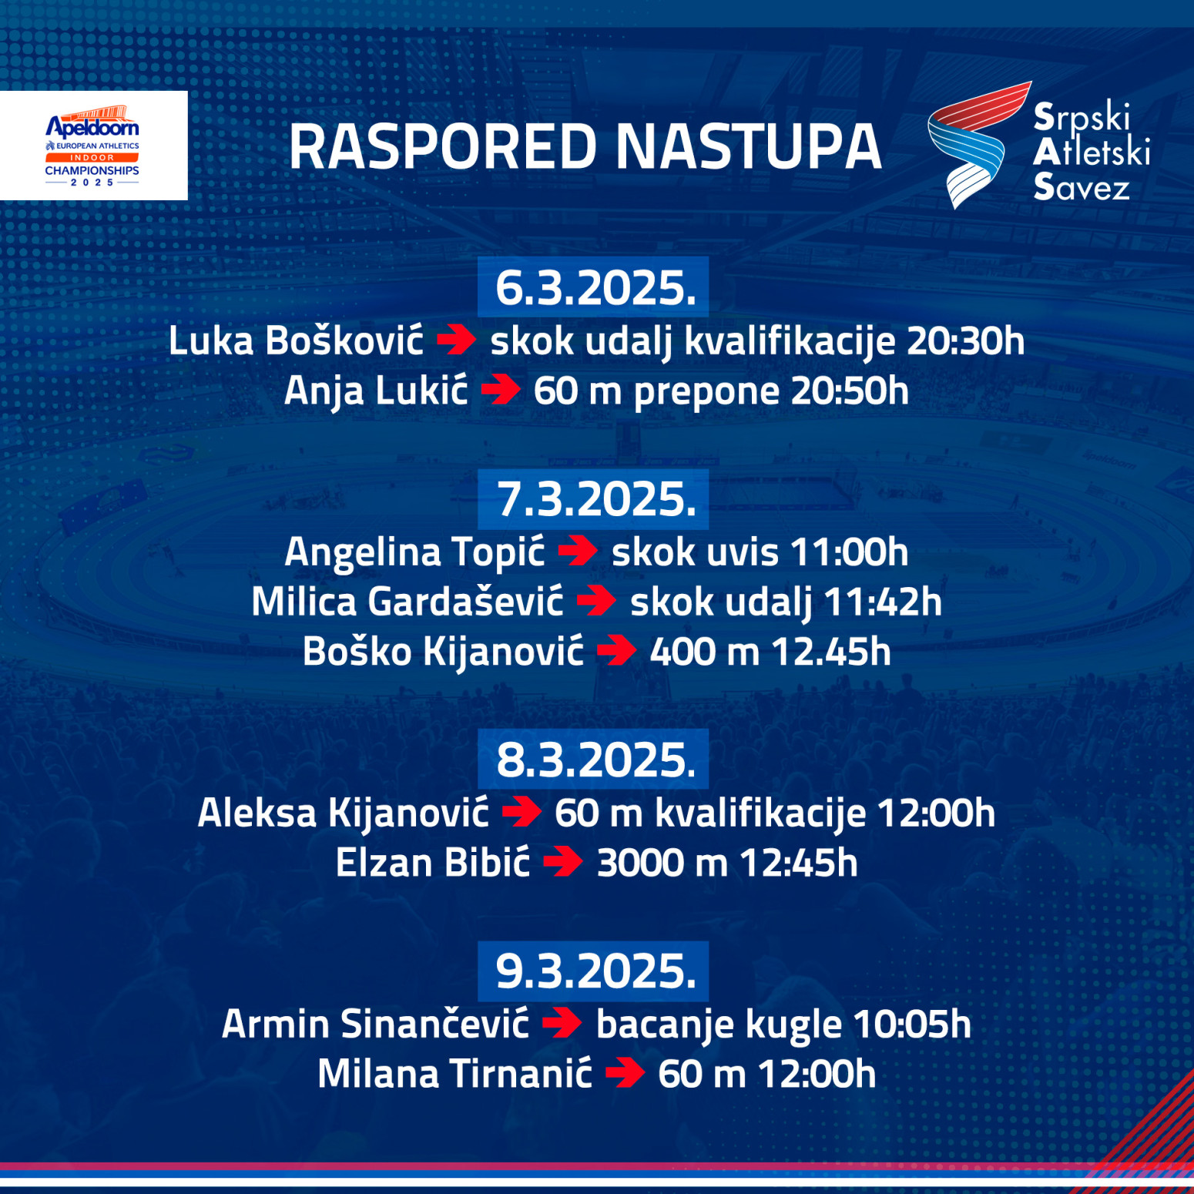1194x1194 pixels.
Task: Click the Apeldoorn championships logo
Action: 92,146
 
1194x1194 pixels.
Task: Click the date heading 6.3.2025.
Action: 594,288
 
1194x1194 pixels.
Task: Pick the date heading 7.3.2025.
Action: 594,499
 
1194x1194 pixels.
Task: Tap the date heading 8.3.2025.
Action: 594,760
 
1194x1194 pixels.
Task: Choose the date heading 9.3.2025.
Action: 594,971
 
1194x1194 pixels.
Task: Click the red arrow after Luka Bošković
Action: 457,340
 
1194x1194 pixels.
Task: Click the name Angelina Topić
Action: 414,552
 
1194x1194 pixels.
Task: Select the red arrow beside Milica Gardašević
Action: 596,602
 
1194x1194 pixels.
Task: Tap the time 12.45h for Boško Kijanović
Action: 831,652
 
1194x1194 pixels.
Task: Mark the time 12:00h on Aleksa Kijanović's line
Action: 936,813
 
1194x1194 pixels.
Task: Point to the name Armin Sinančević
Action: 375,1024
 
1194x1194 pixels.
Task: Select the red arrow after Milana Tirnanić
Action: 625,1074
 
